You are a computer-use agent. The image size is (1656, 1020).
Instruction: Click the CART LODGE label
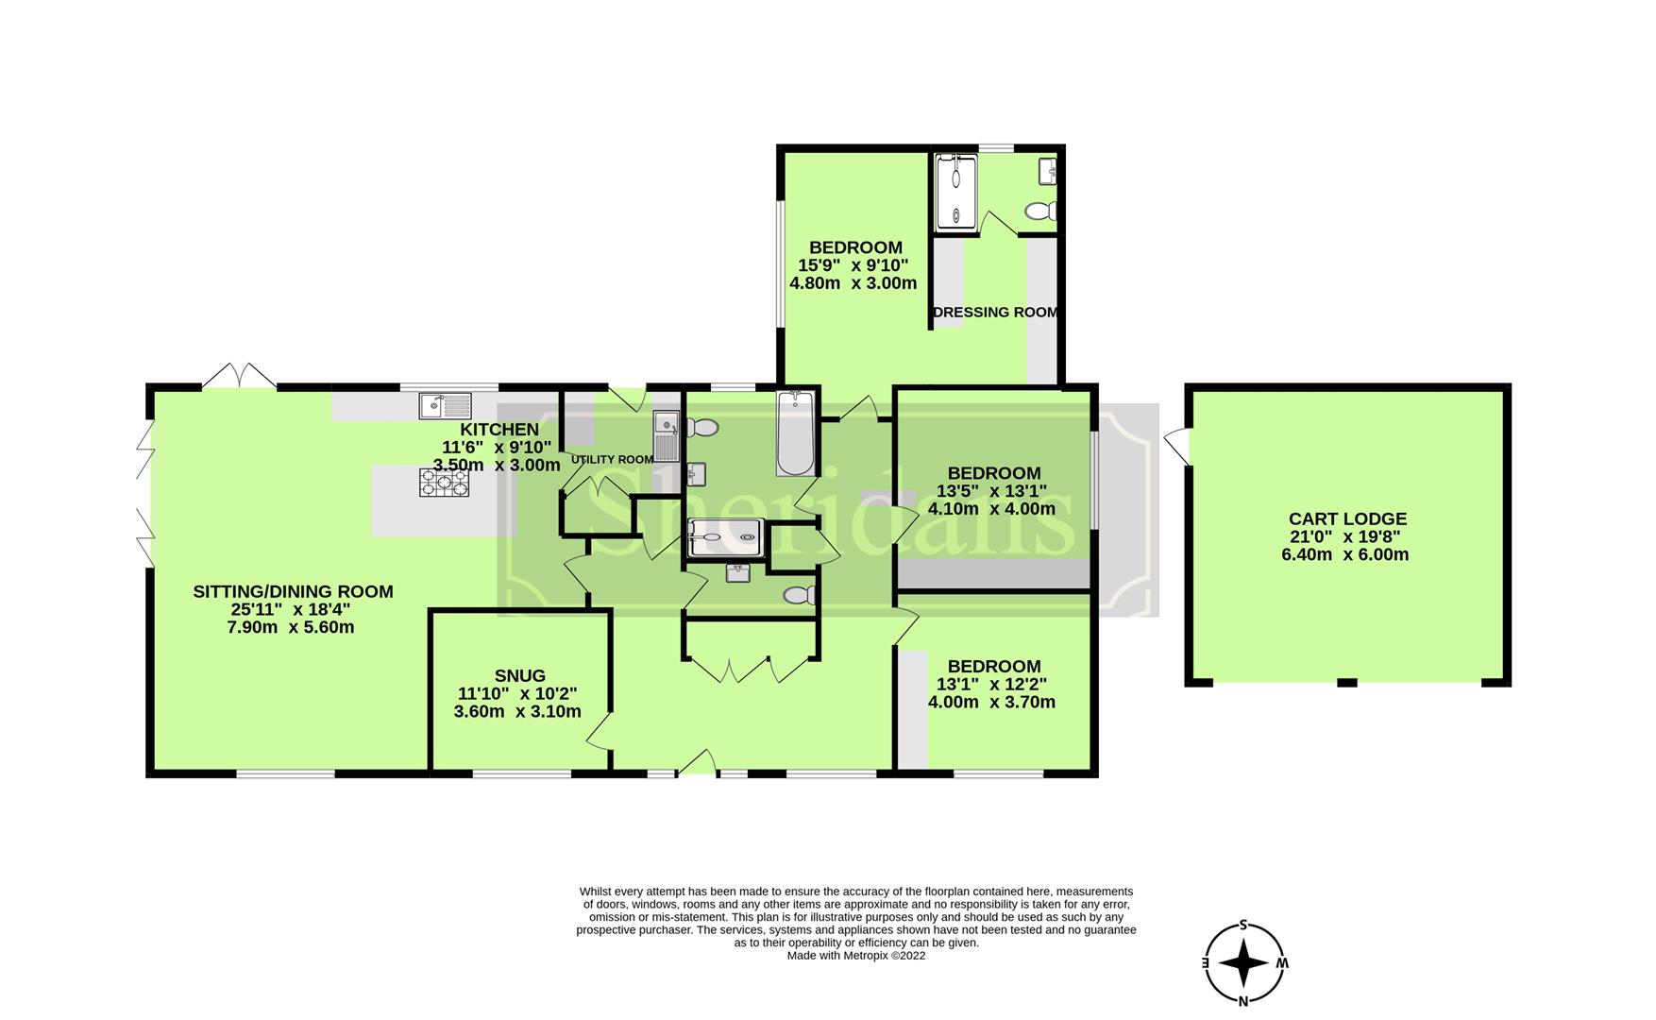tap(1347, 518)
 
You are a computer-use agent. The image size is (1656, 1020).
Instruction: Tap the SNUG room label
tap(520, 675)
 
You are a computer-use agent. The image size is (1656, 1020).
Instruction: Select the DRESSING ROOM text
tap(995, 312)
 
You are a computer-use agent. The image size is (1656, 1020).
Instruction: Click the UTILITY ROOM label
tap(612, 460)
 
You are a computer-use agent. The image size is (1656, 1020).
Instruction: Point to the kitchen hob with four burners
tap(445, 484)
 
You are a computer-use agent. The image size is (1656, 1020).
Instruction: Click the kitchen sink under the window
tap(446, 406)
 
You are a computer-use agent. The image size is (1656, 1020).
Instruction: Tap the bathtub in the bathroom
tap(796, 433)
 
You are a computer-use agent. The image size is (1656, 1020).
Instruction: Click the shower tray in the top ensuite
tap(955, 194)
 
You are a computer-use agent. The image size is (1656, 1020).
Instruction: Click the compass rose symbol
tap(1244, 963)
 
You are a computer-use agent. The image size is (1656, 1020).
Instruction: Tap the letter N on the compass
tap(1244, 1001)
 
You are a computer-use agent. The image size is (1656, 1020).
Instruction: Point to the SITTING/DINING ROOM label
tap(293, 591)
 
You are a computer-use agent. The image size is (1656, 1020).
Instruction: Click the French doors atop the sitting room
tap(239, 375)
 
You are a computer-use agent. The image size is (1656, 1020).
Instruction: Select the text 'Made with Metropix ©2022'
tap(856, 956)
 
